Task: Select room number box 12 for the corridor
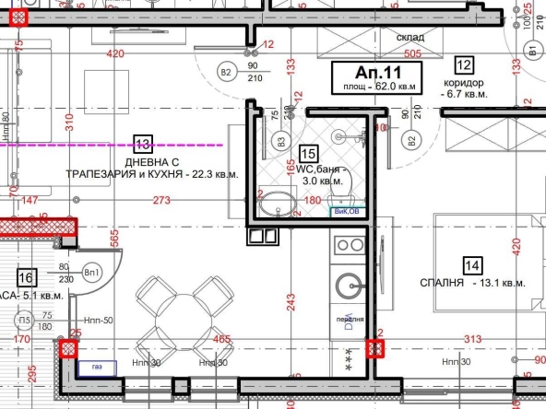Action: [463, 64]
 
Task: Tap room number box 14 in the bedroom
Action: [472, 266]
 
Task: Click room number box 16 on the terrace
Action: [26, 275]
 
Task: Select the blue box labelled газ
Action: [90, 368]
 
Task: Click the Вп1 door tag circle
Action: [92, 274]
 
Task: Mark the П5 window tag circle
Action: [22, 321]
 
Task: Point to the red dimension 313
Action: [472, 339]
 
